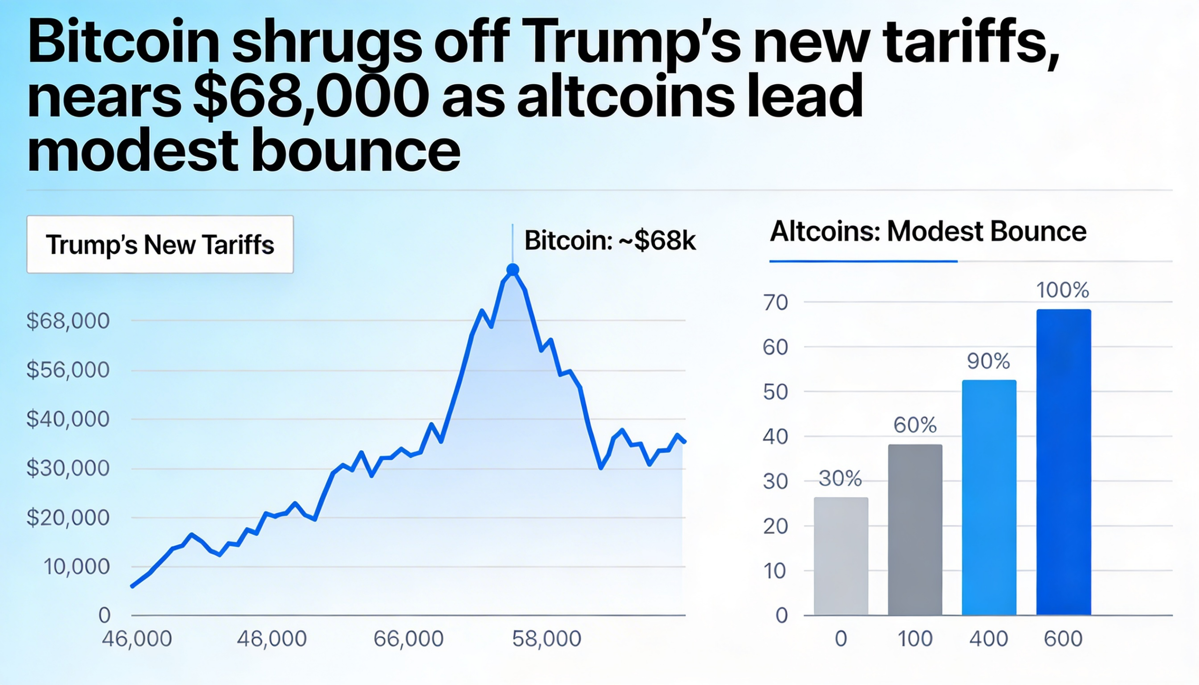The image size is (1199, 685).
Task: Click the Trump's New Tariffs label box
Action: pyautogui.click(x=160, y=244)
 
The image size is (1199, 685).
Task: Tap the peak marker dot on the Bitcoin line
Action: pyautogui.click(x=512, y=270)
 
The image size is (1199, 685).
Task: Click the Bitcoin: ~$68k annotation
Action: pyautogui.click(x=609, y=240)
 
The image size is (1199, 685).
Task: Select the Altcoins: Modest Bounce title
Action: pyautogui.click(x=927, y=231)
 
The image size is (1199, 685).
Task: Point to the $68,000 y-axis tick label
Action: pyautogui.click(x=68, y=321)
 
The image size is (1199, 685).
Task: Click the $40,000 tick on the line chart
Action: pyautogui.click(x=68, y=419)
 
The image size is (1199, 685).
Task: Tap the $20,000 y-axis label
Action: pyautogui.click(x=68, y=517)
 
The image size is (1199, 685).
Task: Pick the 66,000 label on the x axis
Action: pyautogui.click(x=408, y=639)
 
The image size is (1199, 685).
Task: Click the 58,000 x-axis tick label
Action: pyautogui.click(x=546, y=639)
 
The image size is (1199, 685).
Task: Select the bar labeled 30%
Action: pyautogui.click(x=840, y=556)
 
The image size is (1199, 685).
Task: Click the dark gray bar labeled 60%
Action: pyautogui.click(x=914, y=529)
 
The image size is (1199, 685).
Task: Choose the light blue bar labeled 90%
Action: pyautogui.click(x=989, y=497)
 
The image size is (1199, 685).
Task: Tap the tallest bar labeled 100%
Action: pyautogui.click(x=1063, y=462)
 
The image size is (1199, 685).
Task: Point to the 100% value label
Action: pyautogui.click(x=1063, y=290)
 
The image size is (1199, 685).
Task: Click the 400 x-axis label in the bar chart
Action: pyautogui.click(x=989, y=639)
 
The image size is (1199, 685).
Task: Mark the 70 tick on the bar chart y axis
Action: pyautogui.click(x=776, y=302)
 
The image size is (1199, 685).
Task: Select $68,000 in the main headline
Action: pyautogui.click(x=311, y=97)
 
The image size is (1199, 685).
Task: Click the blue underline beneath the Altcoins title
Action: pyautogui.click(x=863, y=261)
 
